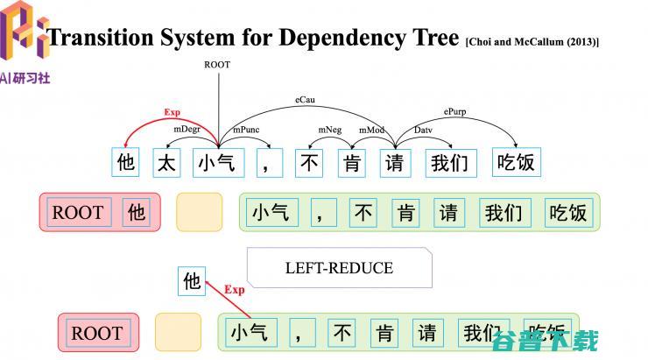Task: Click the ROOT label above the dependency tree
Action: (x=217, y=65)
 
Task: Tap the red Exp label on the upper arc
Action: (x=172, y=112)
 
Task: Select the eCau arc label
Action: (x=305, y=101)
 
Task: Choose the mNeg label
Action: (x=330, y=130)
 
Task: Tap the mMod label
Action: (x=371, y=130)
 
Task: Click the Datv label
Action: (x=423, y=130)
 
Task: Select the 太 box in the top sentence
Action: (x=167, y=162)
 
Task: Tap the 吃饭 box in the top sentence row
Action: (x=515, y=162)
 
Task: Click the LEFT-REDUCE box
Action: (x=339, y=268)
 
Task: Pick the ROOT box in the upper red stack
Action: (x=78, y=212)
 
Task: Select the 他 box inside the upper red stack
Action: (x=136, y=212)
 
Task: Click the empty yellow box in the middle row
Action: (x=199, y=212)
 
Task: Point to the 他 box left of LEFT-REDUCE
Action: (x=192, y=281)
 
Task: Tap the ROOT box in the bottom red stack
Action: (x=96, y=333)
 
